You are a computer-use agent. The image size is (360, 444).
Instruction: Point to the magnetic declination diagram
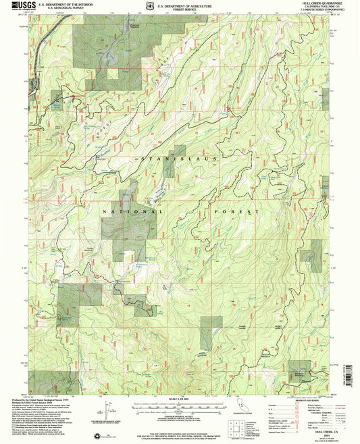tap(109, 409)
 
